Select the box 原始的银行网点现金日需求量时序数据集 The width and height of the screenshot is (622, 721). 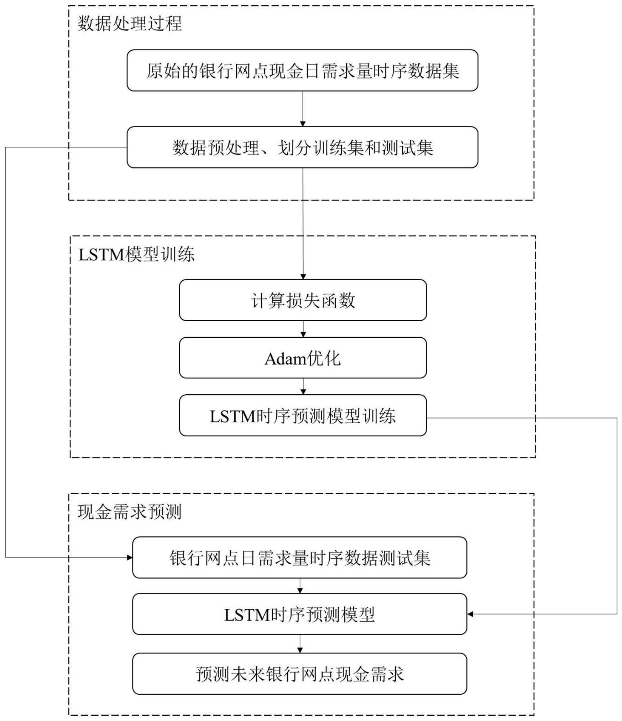302,71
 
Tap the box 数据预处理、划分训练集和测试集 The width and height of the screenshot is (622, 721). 302,147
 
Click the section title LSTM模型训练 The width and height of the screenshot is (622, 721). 136,255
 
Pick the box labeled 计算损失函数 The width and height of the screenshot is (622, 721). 303,300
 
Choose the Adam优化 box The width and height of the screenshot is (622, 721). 303,358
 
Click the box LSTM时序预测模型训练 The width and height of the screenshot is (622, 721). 303,416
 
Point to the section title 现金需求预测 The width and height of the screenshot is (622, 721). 130,512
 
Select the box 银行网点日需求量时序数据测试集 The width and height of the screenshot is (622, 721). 299,557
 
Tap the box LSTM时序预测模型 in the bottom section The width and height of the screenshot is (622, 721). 299,614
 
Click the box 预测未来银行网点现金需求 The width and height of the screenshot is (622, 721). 299,674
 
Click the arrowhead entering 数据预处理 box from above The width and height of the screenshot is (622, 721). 303,124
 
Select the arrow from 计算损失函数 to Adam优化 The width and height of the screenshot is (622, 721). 303,329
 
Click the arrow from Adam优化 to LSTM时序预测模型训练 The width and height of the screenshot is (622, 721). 303,387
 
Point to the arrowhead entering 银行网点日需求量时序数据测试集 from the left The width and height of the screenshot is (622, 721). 130,557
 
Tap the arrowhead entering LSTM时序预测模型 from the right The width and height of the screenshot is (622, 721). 470,614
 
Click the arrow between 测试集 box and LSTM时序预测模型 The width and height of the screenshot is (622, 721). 300,586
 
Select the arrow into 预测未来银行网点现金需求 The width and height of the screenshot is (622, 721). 300,644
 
